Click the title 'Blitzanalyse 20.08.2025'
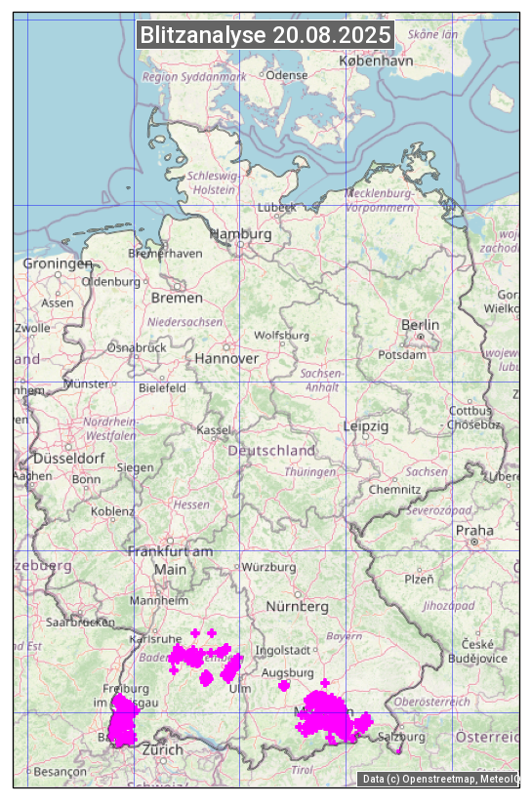tap(265, 35)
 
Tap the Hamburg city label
tap(240, 234)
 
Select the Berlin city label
tap(420, 325)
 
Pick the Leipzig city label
tap(366, 426)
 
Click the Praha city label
tap(473, 530)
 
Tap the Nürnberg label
tap(298, 606)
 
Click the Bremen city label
tap(177, 297)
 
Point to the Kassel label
tap(213, 429)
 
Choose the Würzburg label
tap(268, 567)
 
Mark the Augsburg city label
tap(288, 672)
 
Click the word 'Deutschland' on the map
tap(271, 451)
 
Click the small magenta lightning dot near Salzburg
tap(398, 750)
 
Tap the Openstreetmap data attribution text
tap(439, 778)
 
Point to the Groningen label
tap(58, 263)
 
